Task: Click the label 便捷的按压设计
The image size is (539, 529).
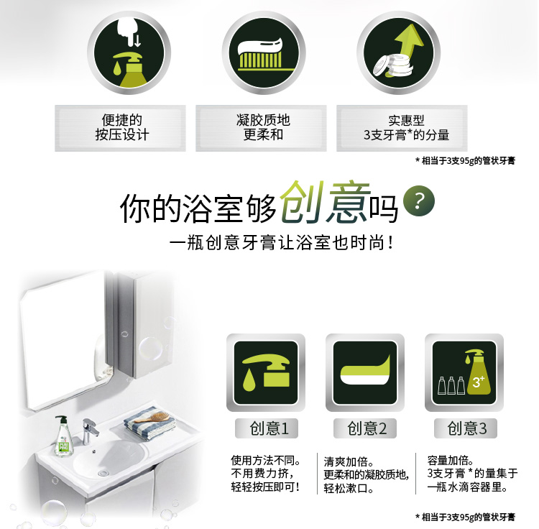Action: tap(121, 127)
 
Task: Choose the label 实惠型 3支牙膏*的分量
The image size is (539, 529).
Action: tap(406, 128)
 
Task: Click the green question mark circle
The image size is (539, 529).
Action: tap(419, 201)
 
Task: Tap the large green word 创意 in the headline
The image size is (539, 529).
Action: tap(325, 202)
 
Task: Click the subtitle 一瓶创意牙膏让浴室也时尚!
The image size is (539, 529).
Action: tap(282, 243)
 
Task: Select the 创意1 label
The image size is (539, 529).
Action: tap(267, 428)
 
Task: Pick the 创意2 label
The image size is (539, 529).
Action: tap(365, 428)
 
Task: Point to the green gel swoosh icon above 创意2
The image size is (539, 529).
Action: tap(365, 372)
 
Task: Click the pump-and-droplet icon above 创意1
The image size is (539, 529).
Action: tap(266, 372)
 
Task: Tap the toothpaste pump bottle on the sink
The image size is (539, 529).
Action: tap(63, 436)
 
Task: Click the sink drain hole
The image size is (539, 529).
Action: tap(103, 473)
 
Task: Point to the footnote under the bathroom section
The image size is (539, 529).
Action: tap(466, 517)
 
